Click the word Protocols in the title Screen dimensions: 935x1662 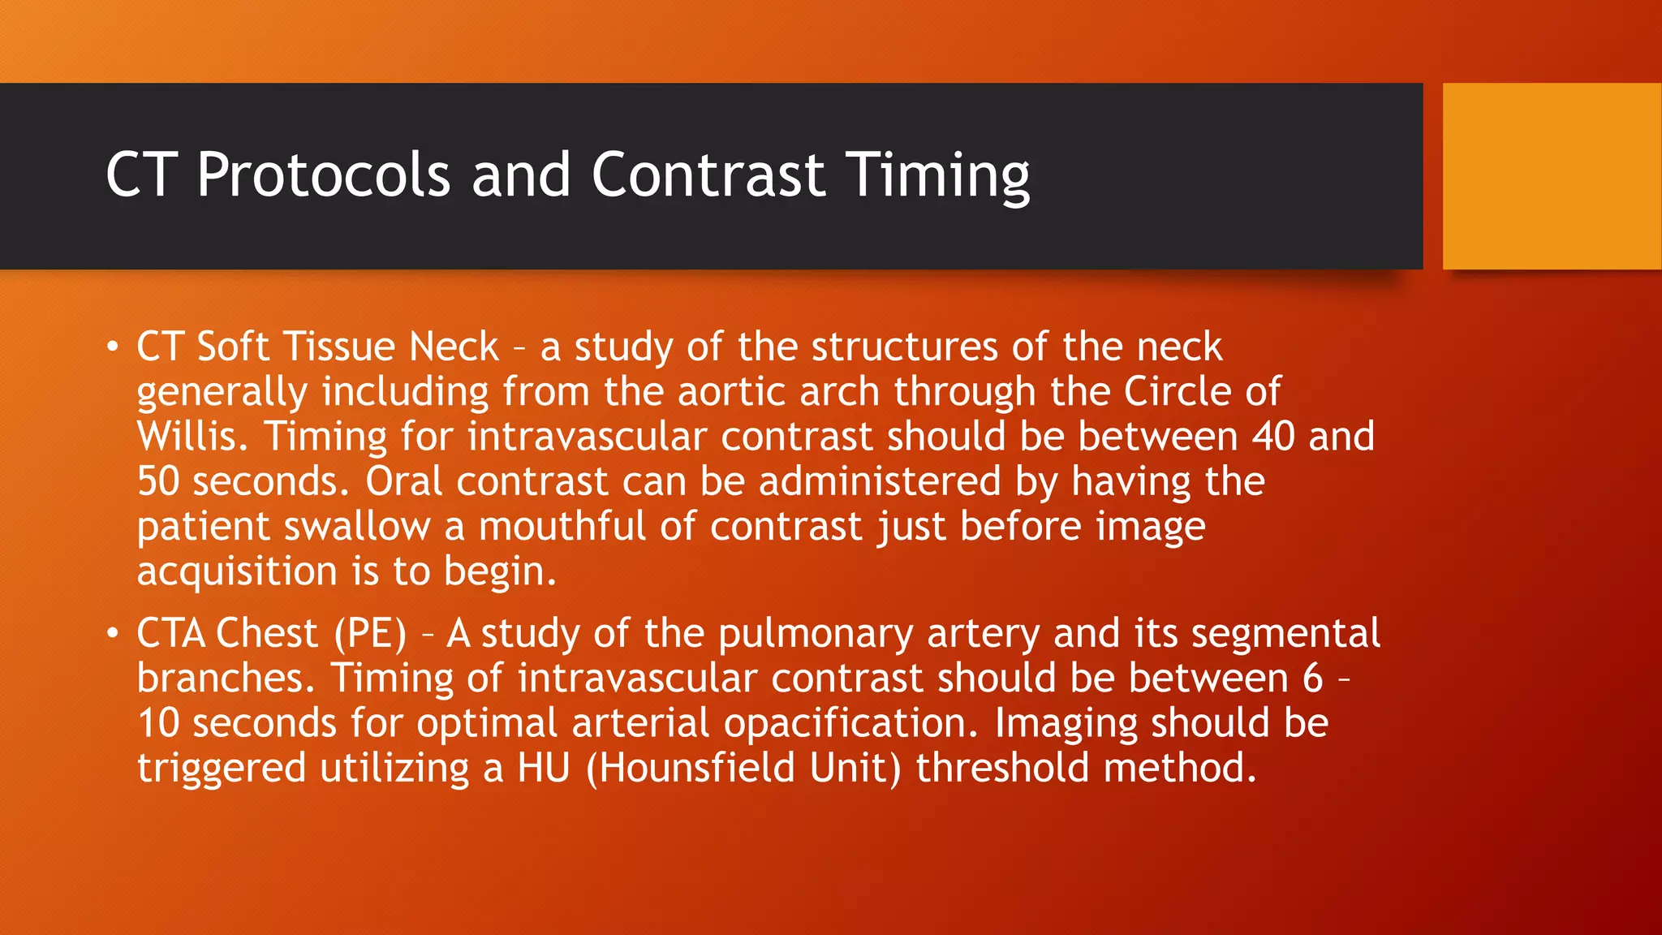pyautogui.click(x=323, y=175)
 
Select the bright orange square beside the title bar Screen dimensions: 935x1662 pyautogui.click(x=1552, y=176)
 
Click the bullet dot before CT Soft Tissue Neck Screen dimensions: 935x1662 pyautogui.click(x=113, y=347)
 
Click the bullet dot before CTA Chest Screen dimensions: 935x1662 pyautogui.click(x=113, y=634)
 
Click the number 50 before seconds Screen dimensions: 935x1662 pyautogui.click(x=157, y=481)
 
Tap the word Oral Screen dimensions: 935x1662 pyautogui.click(x=403, y=481)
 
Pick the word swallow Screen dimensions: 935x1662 pyautogui.click(x=356, y=527)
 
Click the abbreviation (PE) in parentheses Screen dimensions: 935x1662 pyautogui.click(x=370, y=634)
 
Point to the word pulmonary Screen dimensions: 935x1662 pyautogui.click(x=815, y=634)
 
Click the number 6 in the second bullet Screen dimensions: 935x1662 pyautogui.click(x=1313, y=679)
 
